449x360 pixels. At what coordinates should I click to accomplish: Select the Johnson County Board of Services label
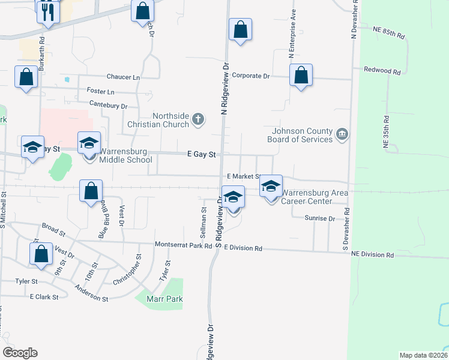tap(302, 135)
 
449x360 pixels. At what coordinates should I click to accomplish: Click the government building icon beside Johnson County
tap(342, 133)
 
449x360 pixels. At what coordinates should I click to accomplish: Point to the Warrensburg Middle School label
tap(126, 155)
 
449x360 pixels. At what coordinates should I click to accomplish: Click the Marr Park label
tap(159, 299)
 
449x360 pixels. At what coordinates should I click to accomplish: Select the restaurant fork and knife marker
tap(48, 12)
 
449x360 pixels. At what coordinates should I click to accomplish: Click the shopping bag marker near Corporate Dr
tap(301, 76)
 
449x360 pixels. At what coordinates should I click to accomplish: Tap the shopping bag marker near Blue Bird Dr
tap(90, 191)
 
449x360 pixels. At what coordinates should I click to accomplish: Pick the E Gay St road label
tap(201, 154)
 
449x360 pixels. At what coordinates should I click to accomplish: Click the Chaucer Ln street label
tap(123, 77)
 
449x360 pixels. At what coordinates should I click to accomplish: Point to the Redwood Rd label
tap(382, 71)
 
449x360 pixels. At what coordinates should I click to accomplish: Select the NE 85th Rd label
tap(389, 32)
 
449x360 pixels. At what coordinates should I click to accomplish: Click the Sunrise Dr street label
tap(319, 218)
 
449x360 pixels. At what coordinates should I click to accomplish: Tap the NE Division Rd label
tap(373, 255)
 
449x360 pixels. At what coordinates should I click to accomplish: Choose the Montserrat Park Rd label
tap(184, 245)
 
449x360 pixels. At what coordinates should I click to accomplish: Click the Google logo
tap(20, 352)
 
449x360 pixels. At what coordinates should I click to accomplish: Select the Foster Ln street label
tap(100, 92)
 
